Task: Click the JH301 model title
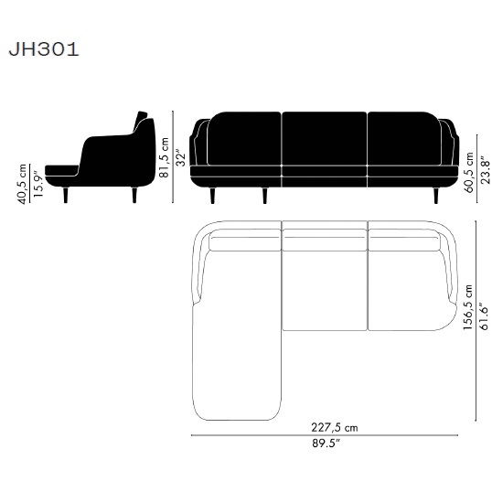tap(44, 49)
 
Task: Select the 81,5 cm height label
tap(164, 157)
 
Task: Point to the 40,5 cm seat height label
tap(23, 184)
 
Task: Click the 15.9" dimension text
tap(38, 184)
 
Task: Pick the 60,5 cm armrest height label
tap(469, 173)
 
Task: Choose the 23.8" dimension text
tap(485, 172)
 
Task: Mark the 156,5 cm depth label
tap(468, 307)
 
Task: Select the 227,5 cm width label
tap(335, 427)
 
